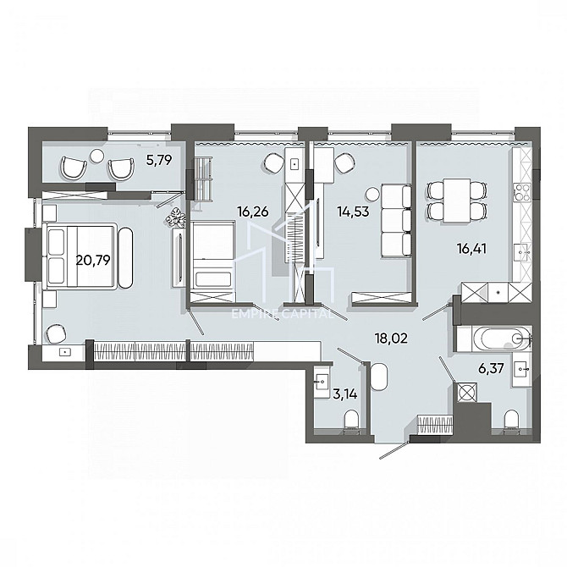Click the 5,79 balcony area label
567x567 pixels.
click(x=159, y=160)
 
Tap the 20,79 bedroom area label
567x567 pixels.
click(x=93, y=260)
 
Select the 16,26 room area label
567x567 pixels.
click(x=253, y=212)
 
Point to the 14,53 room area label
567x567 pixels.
click(x=353, y=212)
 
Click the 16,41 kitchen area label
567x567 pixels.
click(x=472, y=249)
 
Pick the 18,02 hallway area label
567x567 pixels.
click(x=392, y=339)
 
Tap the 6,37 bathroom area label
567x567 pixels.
click(x=491, y=369)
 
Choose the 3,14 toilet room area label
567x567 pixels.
click(x=345, y=394)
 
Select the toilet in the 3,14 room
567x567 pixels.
click(x=351, y=422)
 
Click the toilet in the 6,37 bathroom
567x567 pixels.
click(x=511, y=421)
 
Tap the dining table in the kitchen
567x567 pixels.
click(x=457, y=200)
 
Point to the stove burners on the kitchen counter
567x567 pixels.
click(x=521, y=192)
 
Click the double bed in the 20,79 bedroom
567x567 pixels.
click(x=80, y=256)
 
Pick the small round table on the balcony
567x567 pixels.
click(x=97, y=156)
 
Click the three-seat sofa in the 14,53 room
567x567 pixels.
click(x=396, y=221)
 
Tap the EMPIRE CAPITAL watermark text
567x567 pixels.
click(x=283, y=314)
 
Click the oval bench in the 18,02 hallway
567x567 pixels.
click(x=379, y=377)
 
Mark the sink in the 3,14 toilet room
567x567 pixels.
click(x=321, y=382)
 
